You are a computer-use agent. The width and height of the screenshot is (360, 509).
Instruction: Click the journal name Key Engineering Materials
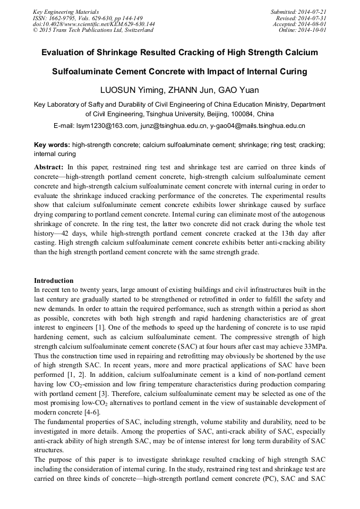click(x=65, y=12)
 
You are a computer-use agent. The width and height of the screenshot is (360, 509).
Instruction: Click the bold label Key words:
click(x=52, y=145)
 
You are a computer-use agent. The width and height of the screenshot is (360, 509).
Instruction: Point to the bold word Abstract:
click(x=49, y=167)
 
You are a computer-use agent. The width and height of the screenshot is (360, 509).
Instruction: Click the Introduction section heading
click(x=54, y=280)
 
